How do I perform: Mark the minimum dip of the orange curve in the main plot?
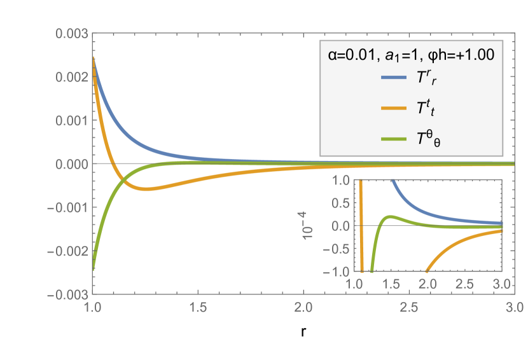coord(146,190)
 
